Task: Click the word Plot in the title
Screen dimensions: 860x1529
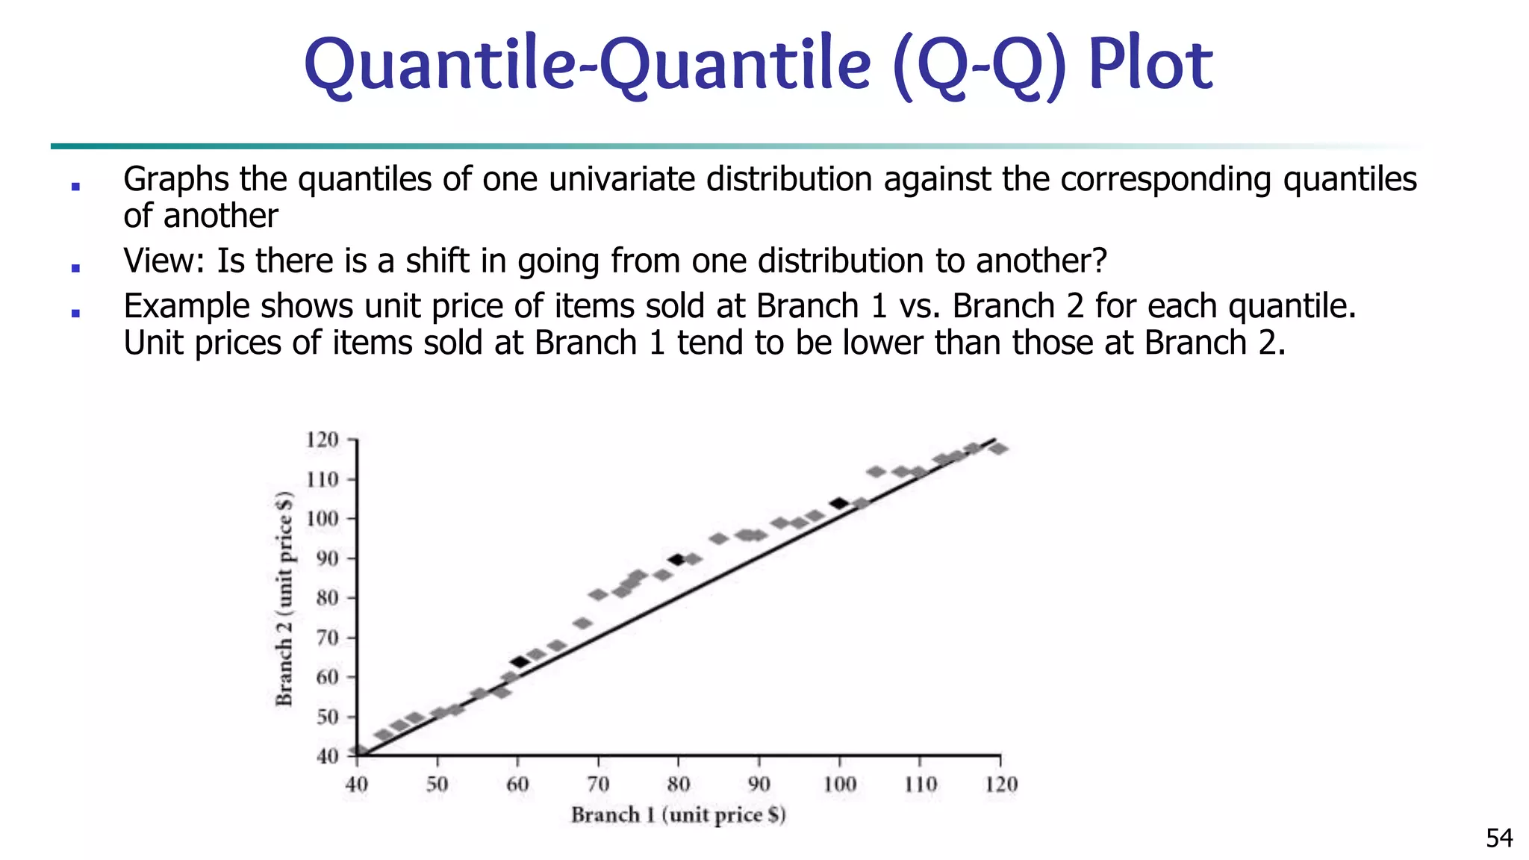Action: (1150, 66)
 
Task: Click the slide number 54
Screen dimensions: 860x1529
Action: (1499, 838)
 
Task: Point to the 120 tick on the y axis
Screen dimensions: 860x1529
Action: (322, 440)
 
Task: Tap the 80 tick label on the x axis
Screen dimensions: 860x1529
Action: (678, 785)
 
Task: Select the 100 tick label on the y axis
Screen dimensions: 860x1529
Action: (322, 519)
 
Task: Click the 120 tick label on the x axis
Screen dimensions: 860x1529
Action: (1000, 785)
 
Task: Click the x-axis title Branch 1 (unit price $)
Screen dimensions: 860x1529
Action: (678, 814)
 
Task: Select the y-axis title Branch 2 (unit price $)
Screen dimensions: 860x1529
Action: (284, 598)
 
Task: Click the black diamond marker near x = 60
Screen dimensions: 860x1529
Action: (520, 662)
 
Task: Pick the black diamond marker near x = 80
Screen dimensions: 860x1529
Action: (677, 560)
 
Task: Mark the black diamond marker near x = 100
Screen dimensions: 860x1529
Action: (839, 504)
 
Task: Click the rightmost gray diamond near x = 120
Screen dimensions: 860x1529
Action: (998, 449)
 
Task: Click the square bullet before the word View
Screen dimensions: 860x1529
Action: (75, 267)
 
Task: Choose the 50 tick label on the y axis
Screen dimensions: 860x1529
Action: (326, 717)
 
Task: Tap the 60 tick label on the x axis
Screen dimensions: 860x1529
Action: (517, 785)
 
